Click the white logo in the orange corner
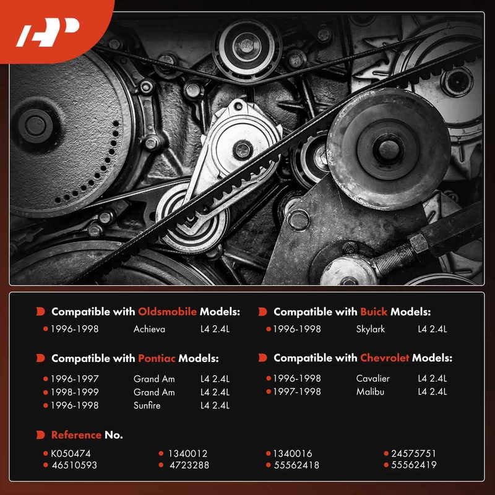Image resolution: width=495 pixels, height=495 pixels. point(48,32)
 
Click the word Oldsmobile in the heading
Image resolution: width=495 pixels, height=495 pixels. point(167,312)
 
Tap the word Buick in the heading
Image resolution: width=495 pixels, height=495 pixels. point(374,312)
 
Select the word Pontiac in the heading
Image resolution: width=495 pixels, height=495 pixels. point(157,358)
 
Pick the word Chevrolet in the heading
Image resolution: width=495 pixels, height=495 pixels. point(384,358)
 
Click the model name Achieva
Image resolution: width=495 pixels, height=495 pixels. point(149,329)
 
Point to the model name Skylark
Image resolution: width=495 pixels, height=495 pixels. point(370,329)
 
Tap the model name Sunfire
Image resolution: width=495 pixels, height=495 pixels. point(147,405)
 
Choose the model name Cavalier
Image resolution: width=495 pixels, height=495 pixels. point(372,378)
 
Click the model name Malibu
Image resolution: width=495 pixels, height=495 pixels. point(370,392)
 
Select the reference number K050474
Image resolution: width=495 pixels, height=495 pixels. point(71,454)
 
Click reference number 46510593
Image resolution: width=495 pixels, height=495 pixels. point(74,465)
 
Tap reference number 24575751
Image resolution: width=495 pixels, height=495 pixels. point(413,454)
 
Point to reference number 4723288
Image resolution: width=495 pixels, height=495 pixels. point(189,465)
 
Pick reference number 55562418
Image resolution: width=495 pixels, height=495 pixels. point(296,465)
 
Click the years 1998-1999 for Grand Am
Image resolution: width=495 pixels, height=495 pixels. point(75,392)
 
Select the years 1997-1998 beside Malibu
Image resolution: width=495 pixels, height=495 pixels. point(297,392)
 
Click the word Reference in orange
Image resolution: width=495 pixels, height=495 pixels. point(76,435)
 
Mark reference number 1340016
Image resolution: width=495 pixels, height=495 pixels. point(293,454)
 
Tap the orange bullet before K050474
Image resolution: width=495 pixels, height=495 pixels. point(45,454)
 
